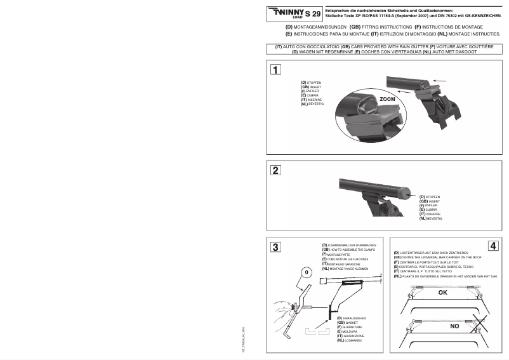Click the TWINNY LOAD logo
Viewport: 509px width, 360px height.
click(x=285, y=12)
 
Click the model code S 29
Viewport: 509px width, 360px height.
click(x=312, y=13)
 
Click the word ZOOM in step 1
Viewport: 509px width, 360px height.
click(x=387, y=100)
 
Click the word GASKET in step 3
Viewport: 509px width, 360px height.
click(x=352, y=323)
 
